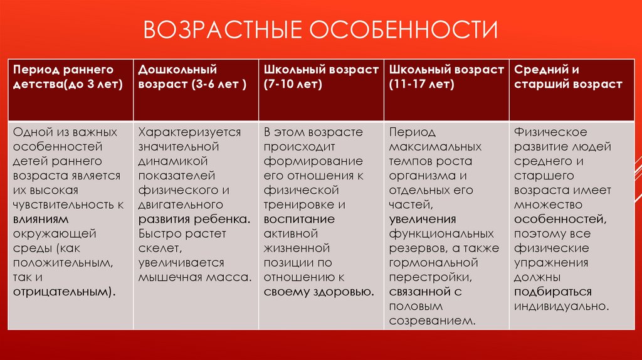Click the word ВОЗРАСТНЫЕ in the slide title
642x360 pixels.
(x=223, y=29)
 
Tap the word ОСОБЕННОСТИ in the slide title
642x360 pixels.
(x=403, y=29)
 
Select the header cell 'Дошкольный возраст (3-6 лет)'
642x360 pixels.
(x=196, y=90)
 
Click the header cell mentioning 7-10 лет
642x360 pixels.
(x=321, y=90)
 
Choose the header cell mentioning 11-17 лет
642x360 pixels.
(x=446, y=90)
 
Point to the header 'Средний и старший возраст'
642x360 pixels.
(x=572, y=90)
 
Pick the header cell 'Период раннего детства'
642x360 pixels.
(x=70, y=90)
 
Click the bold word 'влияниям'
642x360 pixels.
(x=41, y=219)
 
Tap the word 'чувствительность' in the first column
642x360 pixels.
(x=64, y=205)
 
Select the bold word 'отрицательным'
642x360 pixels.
(x=62, y=292)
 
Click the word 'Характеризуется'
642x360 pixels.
(x=189, y=132)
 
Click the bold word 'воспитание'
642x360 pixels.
(x=299, y=219)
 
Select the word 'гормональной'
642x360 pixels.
(x=434, y=263)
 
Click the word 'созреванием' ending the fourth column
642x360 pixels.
(x=431, y=320)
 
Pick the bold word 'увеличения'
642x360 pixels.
(x=423, y=220)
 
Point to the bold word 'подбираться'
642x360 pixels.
(x=553, y=292)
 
